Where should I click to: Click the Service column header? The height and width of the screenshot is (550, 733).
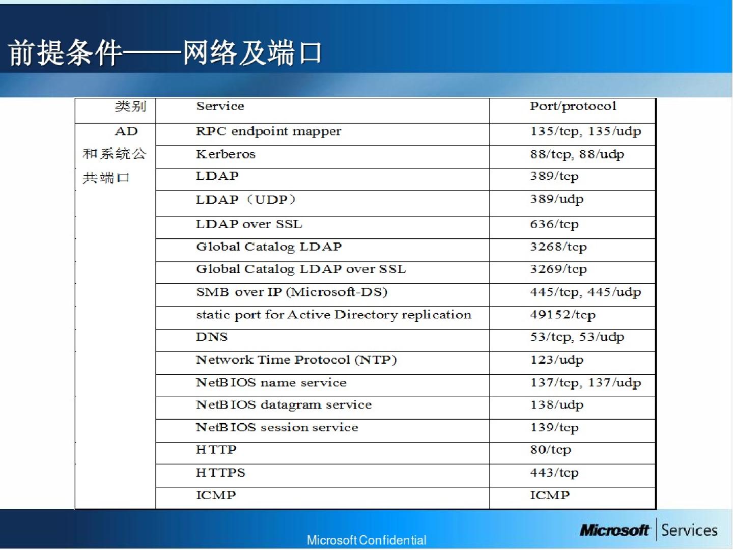(220, 106)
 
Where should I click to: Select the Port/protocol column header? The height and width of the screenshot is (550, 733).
(573, 106)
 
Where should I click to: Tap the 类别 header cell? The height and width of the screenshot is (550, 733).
(131, 106)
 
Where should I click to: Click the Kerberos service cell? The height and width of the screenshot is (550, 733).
(225, 154)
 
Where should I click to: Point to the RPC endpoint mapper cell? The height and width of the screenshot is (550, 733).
(268, 131)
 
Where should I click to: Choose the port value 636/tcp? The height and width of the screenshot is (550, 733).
(554, 225)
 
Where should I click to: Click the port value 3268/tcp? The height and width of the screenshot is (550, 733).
(558, 247)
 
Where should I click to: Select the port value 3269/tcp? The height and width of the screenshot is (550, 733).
(558, 269)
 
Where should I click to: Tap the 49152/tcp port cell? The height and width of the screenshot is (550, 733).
(562, 315)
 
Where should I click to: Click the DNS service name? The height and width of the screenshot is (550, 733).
(212, 337)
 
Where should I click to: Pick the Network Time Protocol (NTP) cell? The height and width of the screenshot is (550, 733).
(296, 360)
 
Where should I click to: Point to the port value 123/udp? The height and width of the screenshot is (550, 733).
(557, 360)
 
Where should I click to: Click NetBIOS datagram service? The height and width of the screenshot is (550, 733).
(284, 405)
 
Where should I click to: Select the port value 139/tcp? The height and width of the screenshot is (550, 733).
(554, 428)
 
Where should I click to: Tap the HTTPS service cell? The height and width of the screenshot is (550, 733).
(220, 473)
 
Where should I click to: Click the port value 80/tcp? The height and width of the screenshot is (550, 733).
(551, 450)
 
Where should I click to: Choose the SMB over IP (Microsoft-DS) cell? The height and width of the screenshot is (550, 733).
(292, 292)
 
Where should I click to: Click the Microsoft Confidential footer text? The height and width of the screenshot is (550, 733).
(366, 540)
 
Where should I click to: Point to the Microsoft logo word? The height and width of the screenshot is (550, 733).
(615, 530)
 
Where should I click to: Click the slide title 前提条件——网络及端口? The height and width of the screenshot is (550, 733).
(165, 52)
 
